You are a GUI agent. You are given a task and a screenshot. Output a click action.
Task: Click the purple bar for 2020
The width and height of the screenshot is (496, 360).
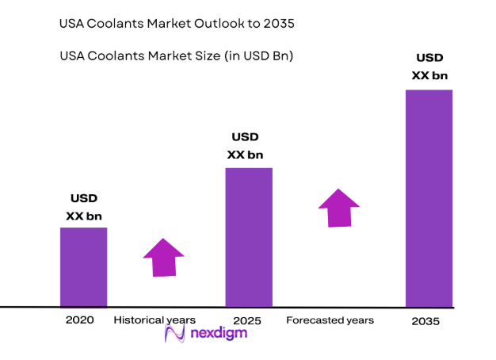pos(83,266)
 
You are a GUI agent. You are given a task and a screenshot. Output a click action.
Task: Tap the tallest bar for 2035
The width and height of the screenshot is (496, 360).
pos(429,197)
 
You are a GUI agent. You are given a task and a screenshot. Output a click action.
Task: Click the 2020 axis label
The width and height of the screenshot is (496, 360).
pos(80,320)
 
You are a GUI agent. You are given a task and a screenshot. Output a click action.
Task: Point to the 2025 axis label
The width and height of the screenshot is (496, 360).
pos(248,320)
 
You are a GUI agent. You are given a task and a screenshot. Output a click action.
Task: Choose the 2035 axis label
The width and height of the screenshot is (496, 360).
pos(425,321)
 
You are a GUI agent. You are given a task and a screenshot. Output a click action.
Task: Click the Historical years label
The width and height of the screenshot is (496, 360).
pos(154,320)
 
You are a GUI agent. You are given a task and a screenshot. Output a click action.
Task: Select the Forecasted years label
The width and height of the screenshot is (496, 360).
pos(330,320)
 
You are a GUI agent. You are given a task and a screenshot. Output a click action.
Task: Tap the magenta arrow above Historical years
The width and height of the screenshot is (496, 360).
pos(163,257)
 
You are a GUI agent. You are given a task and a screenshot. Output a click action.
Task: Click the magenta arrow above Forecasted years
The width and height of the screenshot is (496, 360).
pos(339,208)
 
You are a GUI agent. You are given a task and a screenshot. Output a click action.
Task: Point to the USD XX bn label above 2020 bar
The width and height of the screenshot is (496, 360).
pos(84,207)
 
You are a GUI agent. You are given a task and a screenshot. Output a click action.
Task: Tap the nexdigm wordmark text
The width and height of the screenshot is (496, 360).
pos(218,334)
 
